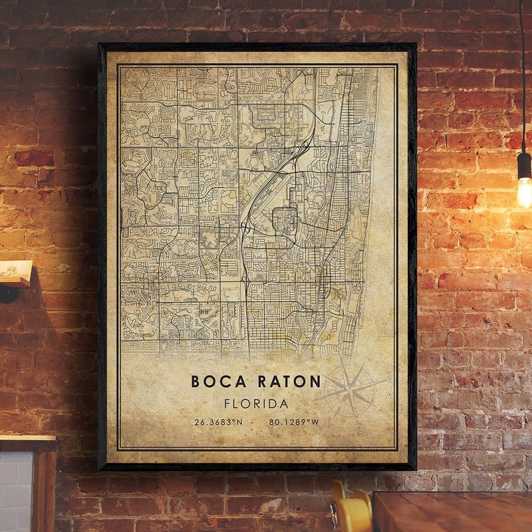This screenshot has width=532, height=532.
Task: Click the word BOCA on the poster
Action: (215, 382)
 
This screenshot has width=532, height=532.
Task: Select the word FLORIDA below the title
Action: (256, 404)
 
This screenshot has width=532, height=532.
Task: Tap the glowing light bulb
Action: (525, 192)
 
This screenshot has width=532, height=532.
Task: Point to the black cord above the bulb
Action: (523, 73)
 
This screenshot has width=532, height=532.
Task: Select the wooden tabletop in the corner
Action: (452, 512)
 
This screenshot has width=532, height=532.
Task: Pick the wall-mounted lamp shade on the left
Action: (15, 272)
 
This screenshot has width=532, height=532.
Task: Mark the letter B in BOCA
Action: (196, 382)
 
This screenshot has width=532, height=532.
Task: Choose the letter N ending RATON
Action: (315, 382)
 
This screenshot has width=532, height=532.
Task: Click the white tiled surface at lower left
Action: (15, 492)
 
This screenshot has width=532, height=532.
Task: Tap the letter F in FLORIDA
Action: (228, 404)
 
